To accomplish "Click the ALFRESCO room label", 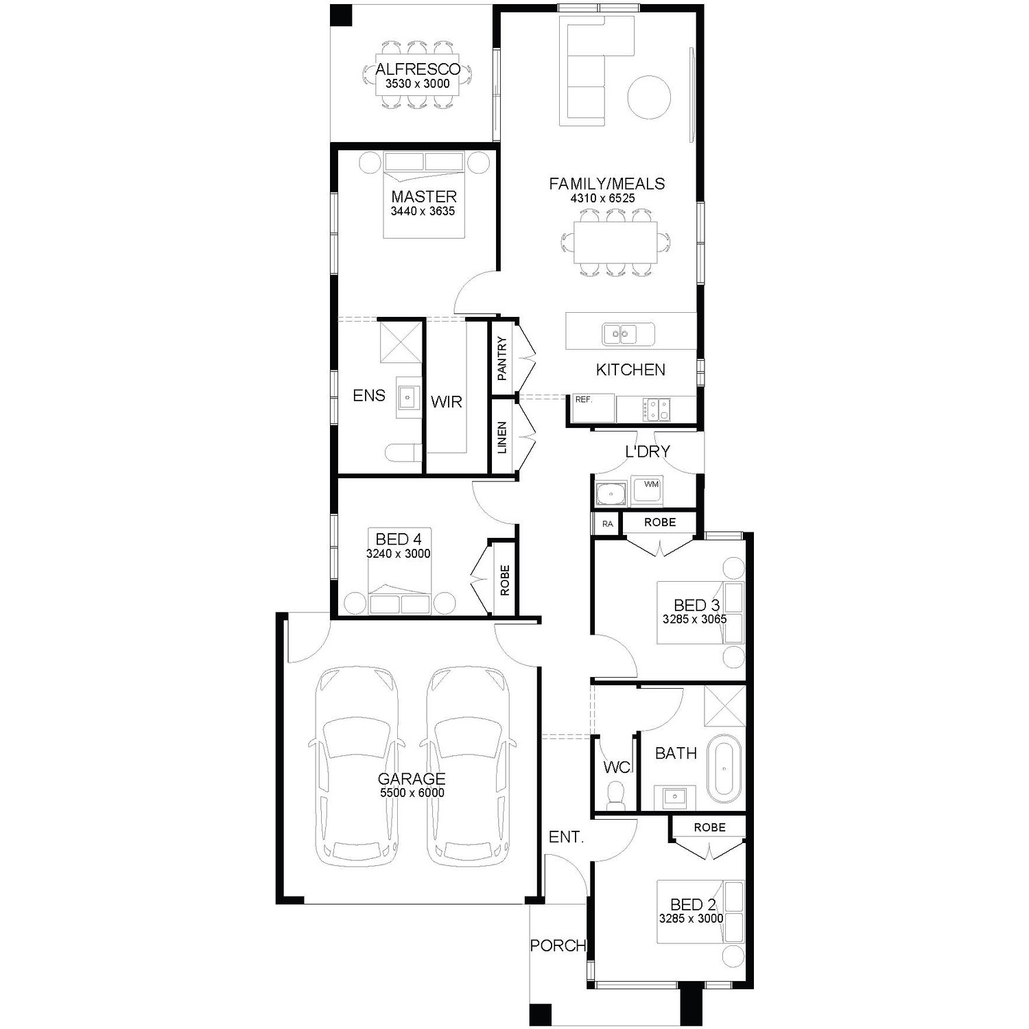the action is click(418, 69).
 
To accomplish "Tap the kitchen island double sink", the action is click(619, 334).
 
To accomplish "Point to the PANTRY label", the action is click(502, 359).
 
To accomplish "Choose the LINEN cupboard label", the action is click(502, 438).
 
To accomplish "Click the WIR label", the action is click(447, 402).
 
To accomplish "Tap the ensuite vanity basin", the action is click(410, 397).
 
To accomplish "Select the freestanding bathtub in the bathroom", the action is click(724, 768).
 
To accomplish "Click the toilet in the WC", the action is click(616, 797).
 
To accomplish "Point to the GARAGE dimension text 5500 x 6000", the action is click(412, 793).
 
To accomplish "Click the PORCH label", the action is click(558, 945).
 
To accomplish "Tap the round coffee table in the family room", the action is click(648, 96).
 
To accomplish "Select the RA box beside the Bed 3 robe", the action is click(607, 524).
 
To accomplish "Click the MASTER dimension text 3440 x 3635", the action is click(423, 211).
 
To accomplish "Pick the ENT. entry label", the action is click(566, 837).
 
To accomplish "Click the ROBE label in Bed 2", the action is click(709, 827).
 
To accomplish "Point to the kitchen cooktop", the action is click(657, 410).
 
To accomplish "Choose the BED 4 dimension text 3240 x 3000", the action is click(399, 554).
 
